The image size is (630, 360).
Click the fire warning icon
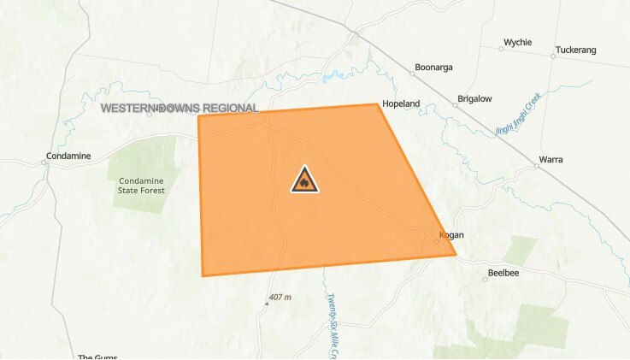point(304,180)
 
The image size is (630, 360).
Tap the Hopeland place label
point(401,103)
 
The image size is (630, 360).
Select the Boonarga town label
point(433,67)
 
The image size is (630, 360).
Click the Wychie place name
point(518,42)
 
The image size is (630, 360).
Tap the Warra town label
point(551,160)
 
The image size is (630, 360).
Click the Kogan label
point(450,234)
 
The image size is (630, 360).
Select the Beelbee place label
point(503,273)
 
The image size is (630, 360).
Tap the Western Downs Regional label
point(180,109)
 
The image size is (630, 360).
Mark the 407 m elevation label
point(280,298)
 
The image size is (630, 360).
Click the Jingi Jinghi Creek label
point(520,115)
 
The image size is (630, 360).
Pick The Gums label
point(97,357)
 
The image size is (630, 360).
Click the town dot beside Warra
point(537,166)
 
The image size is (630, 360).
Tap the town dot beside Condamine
point(44,162)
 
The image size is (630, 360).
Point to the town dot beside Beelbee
point(486,279)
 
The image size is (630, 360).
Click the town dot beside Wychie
point(502,48)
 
